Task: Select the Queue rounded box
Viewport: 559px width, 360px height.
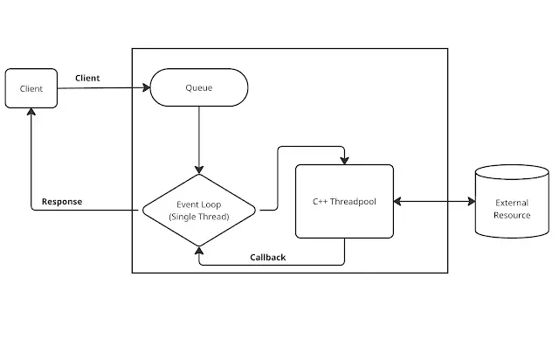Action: pyautogui.click(x=199, y=87)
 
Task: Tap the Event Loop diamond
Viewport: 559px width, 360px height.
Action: pyautogui.click(x=199, y=211)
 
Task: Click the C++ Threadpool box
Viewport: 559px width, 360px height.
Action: pyautogui.click(x=344, y=201)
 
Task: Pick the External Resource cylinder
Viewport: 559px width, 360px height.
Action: pyautogui.click(x=512, y=203)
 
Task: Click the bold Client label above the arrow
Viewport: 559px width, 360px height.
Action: pyautogui.click(x=87, y=78)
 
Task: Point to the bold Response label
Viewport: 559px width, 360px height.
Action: pyautogui.click(x=61, y=201)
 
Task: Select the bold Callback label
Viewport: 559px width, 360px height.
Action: pyautogui.click(x=267, y=257)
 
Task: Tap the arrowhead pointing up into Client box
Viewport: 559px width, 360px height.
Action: pyautogui.click(x=31, y=113)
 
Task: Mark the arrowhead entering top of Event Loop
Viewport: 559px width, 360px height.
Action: pyautogui.click(x=199, y=170)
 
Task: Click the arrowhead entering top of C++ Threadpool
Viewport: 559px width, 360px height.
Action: pyautogui.click(x=344, y=160)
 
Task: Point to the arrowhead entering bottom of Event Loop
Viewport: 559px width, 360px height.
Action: pyautogui.click(x=199, y=250)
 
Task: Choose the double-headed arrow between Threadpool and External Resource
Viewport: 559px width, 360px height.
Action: pyautogui.click(x=433, y=202)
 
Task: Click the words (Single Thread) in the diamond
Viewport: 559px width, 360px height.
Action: pyautogui.click(x=199, y=217)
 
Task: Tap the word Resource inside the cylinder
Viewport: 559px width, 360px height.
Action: pyautogui.click(x=512, y=215)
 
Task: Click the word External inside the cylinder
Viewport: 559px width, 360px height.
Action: pyautogui.click(x=512, y=203)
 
